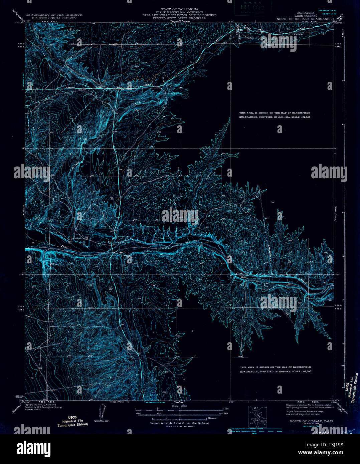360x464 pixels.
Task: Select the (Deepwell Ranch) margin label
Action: (180, 21)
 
